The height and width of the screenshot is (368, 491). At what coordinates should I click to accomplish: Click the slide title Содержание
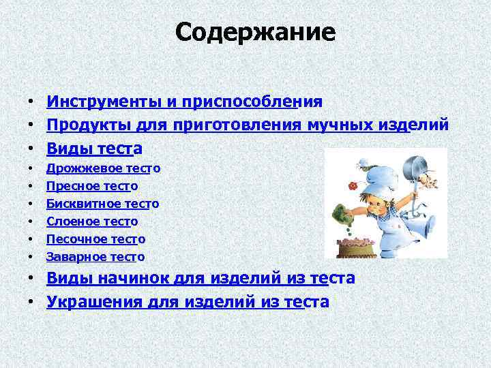tap(255, 32)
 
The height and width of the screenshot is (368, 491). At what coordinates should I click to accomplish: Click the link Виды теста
tap(94, 148)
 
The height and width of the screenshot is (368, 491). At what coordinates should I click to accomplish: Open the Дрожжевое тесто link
tap(103, 168)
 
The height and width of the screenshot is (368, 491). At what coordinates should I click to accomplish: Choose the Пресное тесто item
tap(92, 185)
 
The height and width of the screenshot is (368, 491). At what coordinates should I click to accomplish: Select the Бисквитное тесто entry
tap(102, 203)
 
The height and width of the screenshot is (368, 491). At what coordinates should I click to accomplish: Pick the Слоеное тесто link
tap(92, 221)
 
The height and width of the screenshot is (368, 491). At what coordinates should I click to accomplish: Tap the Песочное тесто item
tap(95, 239)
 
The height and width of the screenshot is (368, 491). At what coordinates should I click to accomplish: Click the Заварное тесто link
tap(95, 256)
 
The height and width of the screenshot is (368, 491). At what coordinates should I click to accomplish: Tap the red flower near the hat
tap(353, 185)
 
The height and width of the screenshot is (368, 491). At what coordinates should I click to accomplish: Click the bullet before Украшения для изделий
tap(33, 302)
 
